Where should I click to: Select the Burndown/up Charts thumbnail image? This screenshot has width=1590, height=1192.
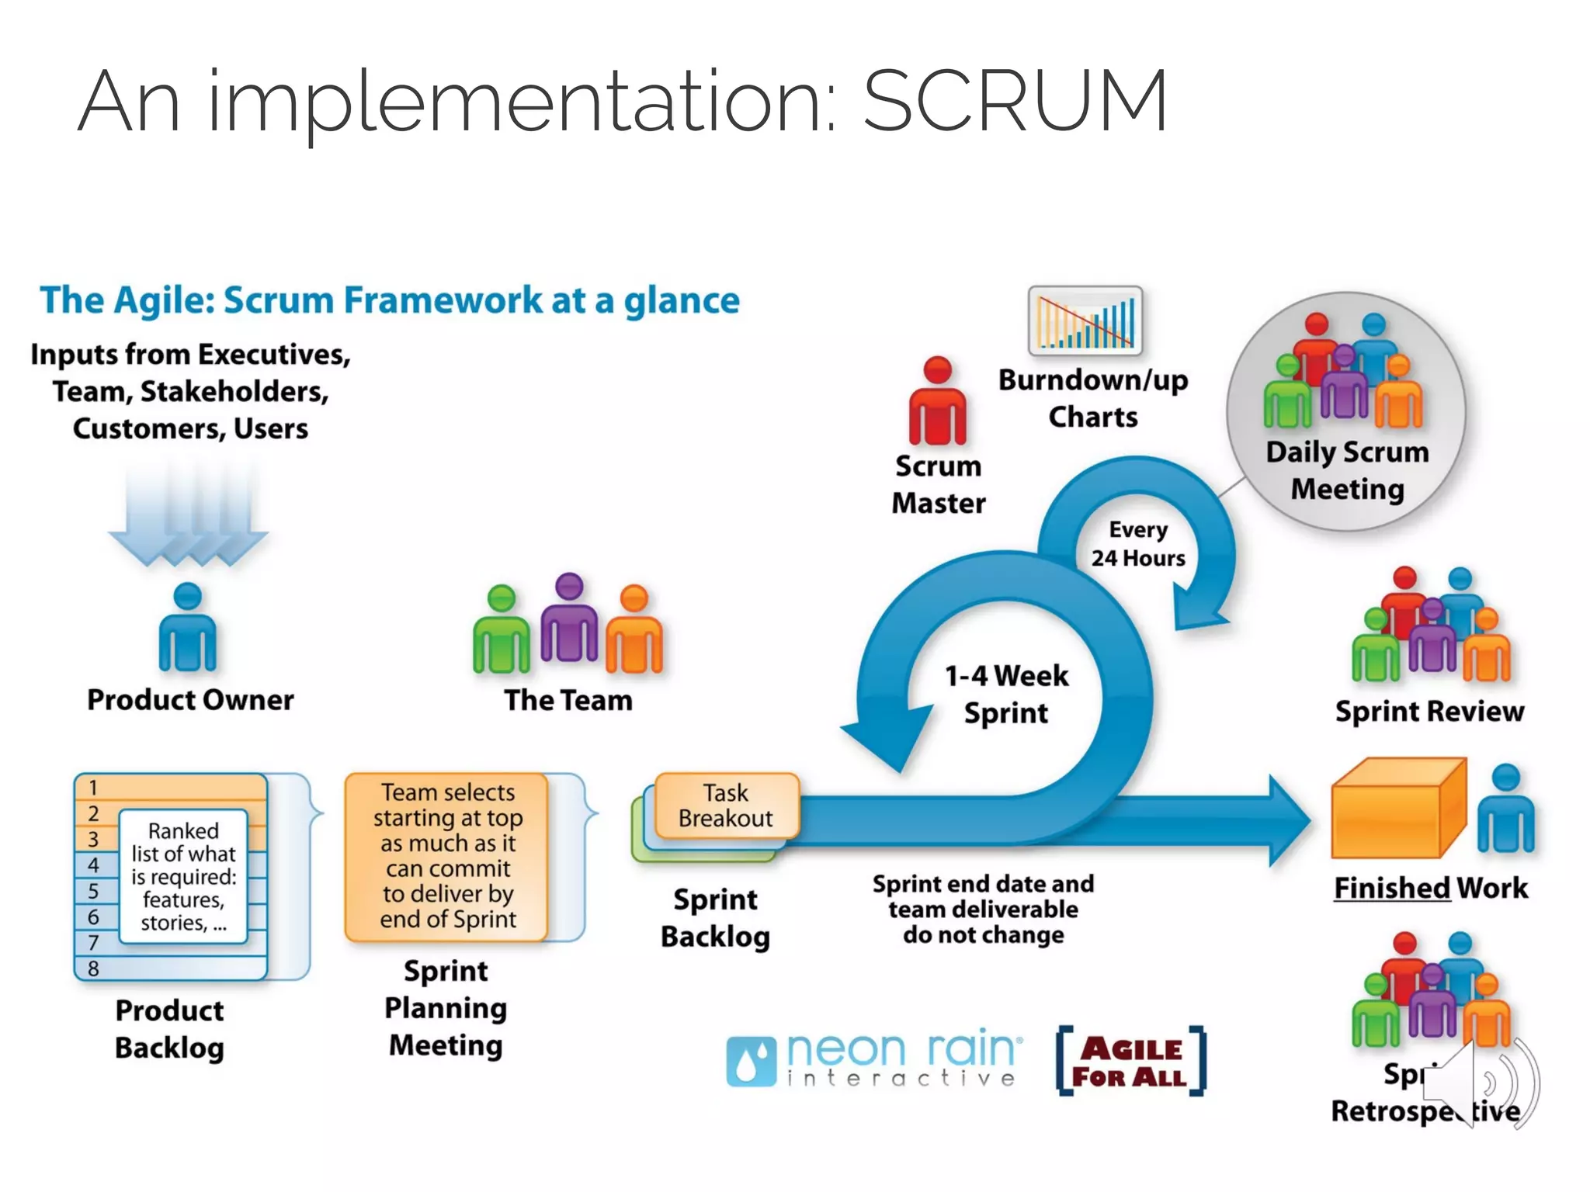[1085, 321]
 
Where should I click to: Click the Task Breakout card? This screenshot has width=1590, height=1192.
[726, 806]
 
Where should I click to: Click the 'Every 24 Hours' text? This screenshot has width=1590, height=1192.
[1137, 544]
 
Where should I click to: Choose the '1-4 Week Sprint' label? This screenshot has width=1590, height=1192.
[1006, 694]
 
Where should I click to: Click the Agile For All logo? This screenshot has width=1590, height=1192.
[1131, 1061]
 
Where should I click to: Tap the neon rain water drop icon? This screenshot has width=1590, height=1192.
[751, 1061]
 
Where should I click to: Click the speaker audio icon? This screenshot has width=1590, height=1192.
[1479, 1083]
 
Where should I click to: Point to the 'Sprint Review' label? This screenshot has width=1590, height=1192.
[1429, 711]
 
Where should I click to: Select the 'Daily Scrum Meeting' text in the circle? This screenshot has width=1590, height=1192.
[1347, 470]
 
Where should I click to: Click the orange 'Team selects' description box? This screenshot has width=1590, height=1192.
[447, 856]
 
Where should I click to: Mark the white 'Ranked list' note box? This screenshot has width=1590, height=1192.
[183, 876]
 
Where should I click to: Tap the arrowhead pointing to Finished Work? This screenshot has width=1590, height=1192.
[1289, 820]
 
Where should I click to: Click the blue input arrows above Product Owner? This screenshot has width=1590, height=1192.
[189, 517]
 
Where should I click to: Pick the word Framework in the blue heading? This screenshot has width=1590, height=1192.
[443, 300]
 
